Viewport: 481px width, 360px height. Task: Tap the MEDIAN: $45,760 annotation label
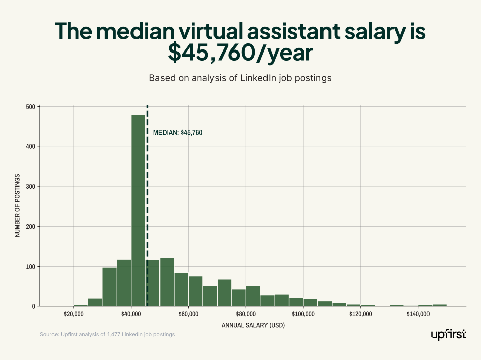coord(178,133)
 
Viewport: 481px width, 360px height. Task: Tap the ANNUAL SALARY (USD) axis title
coord(253,326)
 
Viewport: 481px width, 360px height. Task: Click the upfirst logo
coord(448,335)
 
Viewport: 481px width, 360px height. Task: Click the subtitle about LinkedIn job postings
coord(240,78)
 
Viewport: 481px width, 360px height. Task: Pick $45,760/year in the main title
coord(240,52)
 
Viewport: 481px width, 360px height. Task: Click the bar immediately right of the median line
coord(153,283)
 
